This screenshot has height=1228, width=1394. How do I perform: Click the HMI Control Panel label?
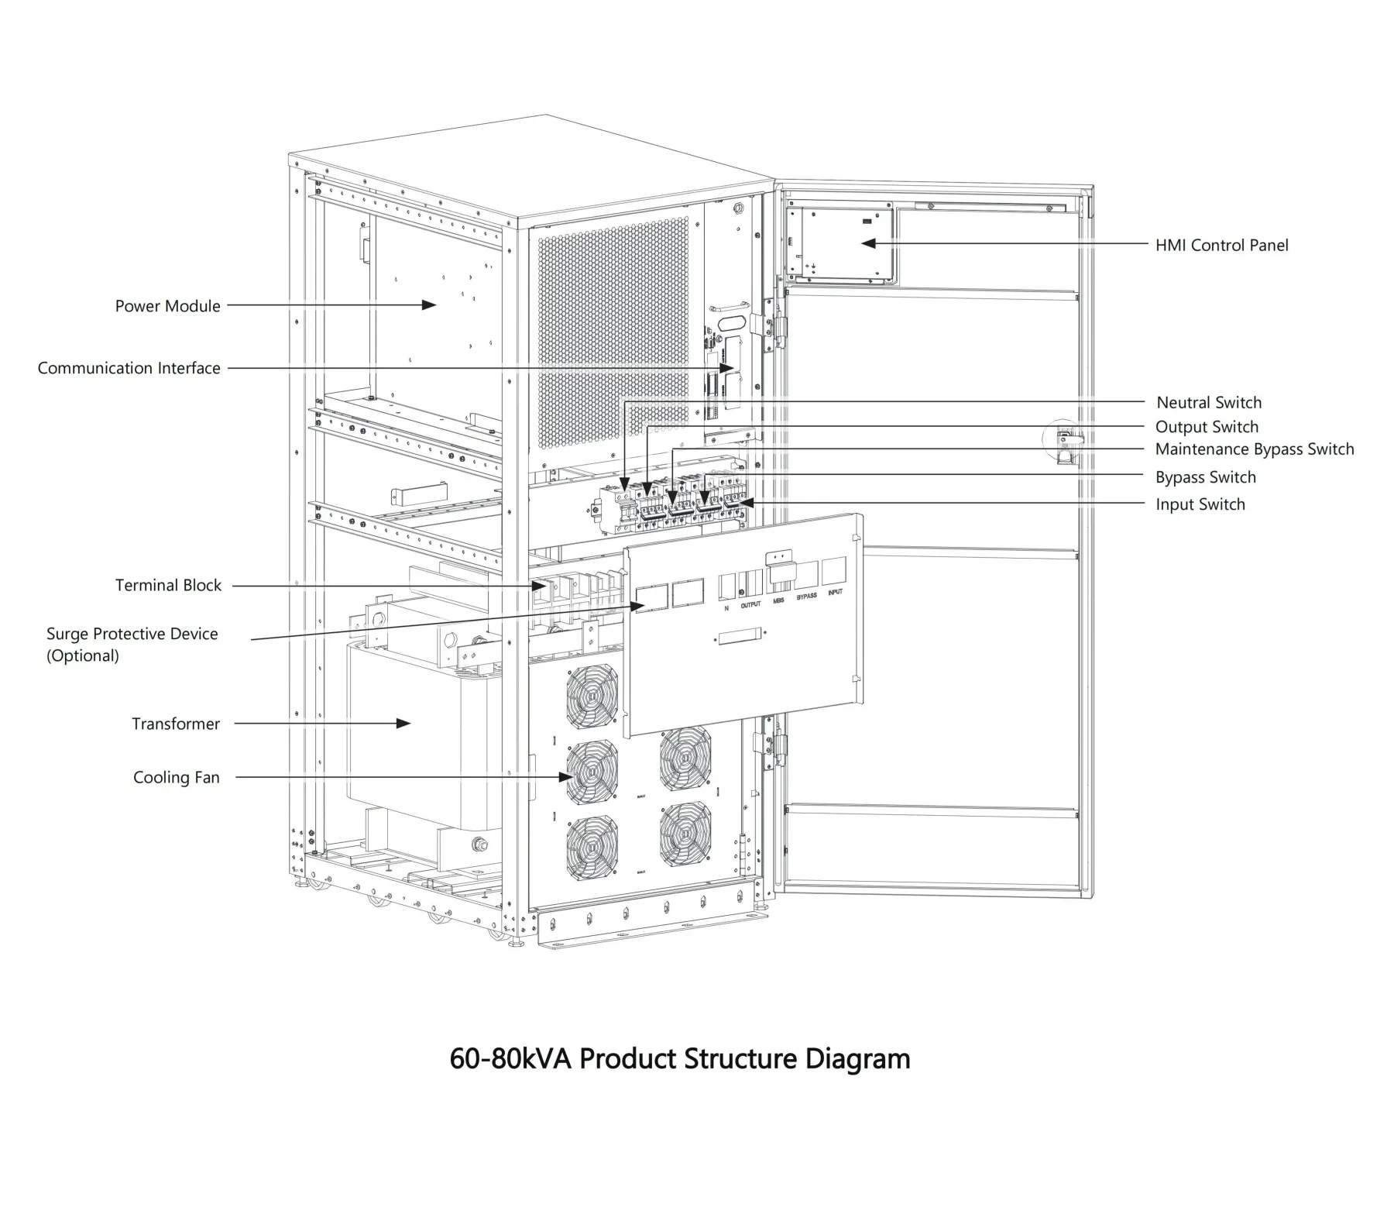[1221, 246]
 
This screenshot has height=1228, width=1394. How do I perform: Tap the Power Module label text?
[167, 306]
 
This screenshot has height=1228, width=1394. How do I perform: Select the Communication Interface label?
[129, 368]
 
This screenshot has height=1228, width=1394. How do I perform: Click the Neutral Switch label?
[1208, 402]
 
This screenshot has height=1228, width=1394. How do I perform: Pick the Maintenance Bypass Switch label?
[1254, 449]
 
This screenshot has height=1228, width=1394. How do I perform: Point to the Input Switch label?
[1200, 504]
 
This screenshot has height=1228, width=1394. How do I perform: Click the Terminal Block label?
[168, 585]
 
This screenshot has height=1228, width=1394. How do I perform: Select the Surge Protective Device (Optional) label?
[132, 644]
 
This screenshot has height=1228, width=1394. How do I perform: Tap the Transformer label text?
[176, 724]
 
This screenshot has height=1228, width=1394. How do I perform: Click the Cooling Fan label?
[176, 777]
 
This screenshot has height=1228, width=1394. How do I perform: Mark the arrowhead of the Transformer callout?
[403, 723]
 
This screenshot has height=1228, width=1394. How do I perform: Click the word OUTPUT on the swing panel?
[750, 604]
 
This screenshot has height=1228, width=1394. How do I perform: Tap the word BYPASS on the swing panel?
[806, 597]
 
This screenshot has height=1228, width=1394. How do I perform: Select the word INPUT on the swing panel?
[835, 592]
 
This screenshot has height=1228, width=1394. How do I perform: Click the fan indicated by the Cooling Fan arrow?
[592, 772]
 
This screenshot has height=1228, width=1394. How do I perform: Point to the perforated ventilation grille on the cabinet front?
[612, 333]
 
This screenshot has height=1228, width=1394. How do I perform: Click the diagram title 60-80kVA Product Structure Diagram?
[679, 1058]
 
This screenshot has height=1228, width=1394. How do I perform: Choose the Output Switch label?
[1206, 427]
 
